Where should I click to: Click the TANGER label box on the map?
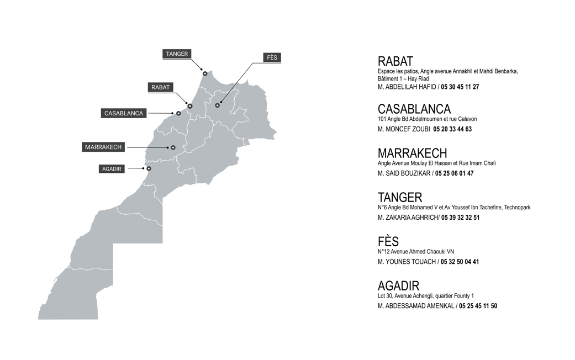[x=177, y=54]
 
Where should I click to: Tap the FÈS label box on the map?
[x=272, y=58]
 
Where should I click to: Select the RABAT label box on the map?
[x=161, y=87]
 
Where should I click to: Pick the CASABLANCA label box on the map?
[x=124, y=113]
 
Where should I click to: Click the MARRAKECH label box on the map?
[x=103, y=147]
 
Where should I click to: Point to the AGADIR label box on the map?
[x=112, y=169]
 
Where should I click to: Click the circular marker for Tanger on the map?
[x=205, y=73]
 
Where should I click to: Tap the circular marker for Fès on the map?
[x=218, y=105]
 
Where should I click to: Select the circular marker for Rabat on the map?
[x=190, y=106]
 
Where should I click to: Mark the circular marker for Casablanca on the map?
[x=178, y=113]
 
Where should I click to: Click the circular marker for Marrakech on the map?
[x=173, y=147]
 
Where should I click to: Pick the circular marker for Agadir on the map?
[x=149, y=168]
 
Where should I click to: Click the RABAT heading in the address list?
[x=395, y=61]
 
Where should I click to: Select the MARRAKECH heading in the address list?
[x=412, y=153]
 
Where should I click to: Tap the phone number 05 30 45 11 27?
[x=460, y=87]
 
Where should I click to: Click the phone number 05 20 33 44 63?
[x=452, y=129]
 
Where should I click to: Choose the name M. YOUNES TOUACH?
[x=407, y=262]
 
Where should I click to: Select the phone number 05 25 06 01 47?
[x=454, y=173]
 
